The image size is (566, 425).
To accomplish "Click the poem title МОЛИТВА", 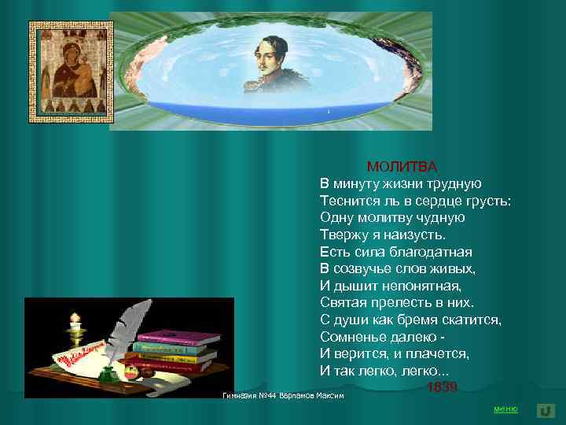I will [401, 166].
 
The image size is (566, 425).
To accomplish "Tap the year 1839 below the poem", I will [442, 386].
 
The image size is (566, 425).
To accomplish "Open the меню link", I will [505, 409].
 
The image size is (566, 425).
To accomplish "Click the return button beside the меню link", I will [546, 410].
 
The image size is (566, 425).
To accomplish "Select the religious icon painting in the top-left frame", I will [72, 71].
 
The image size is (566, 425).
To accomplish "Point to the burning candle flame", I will [75, 319].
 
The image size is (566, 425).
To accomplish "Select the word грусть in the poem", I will [487, 201].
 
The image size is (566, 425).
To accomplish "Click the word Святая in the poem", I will [344, 302].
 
